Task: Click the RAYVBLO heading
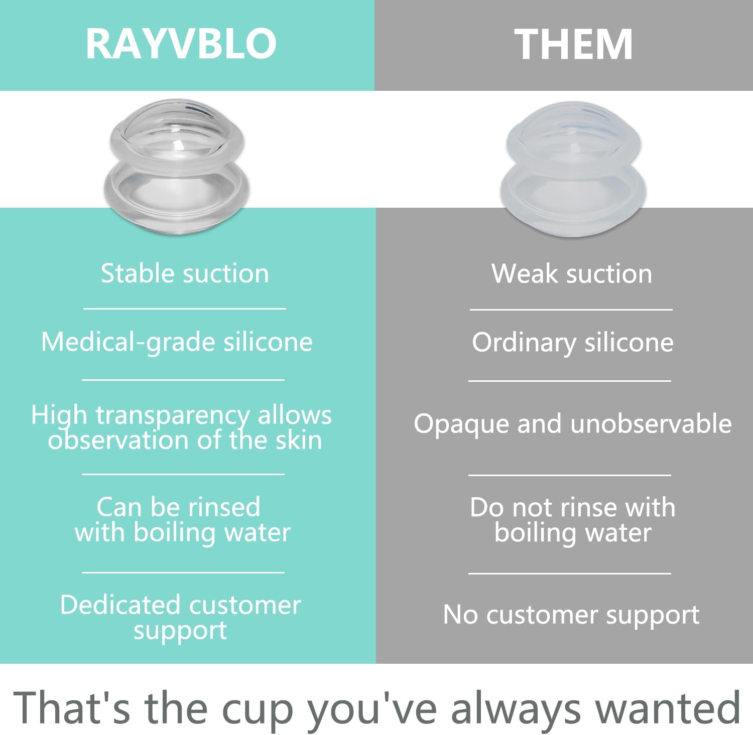181,44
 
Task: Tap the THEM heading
573,44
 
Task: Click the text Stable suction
185,273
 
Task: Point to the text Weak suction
572,274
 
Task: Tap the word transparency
172,416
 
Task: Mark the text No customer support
571,615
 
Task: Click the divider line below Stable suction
185,309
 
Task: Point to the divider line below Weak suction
571,310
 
